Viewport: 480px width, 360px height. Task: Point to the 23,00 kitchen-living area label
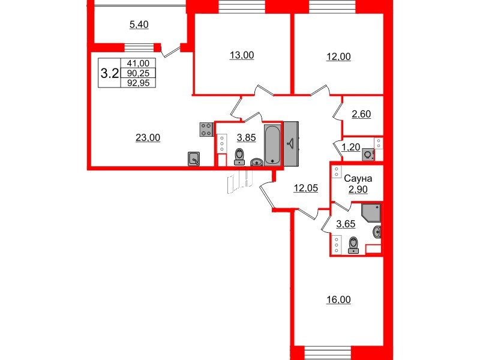point(148,137)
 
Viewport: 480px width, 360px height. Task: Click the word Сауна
point(359,178)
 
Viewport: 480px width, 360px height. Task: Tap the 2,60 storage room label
point(361,114)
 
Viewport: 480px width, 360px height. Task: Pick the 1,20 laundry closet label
point(352,145)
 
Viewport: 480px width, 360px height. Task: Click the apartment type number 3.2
point(109,73)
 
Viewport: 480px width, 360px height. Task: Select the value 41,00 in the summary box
point(138,63)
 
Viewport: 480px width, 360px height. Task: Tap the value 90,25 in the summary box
point(138,73)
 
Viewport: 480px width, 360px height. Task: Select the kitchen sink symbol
point(194,158)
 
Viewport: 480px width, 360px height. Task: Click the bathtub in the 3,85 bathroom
point(272,144)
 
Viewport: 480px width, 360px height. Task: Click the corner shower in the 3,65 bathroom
point(371,213)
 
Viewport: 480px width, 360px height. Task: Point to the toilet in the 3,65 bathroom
point(353,245)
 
